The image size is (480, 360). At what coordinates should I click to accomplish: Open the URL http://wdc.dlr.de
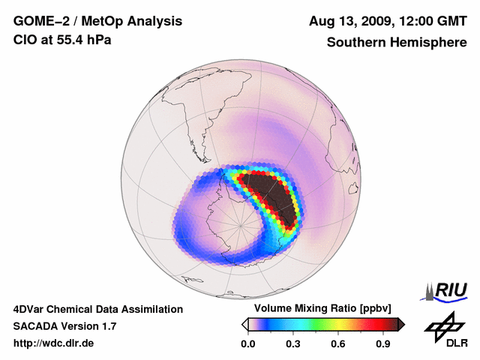[54, 343]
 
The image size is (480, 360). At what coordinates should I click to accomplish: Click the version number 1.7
[107, 326]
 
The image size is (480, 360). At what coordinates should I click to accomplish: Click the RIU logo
[446, 290]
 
